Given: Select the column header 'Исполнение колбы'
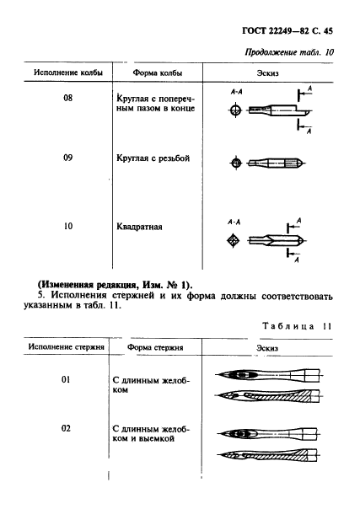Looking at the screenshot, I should (67, 73).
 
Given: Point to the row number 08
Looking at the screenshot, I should (68, 98).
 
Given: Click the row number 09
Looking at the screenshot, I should (68, 158).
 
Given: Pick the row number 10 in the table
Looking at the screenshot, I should (68, 226).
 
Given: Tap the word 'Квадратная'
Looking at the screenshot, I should (140, 227).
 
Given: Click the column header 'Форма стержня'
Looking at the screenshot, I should (156, 347).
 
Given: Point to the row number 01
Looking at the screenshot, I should (68, 380).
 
